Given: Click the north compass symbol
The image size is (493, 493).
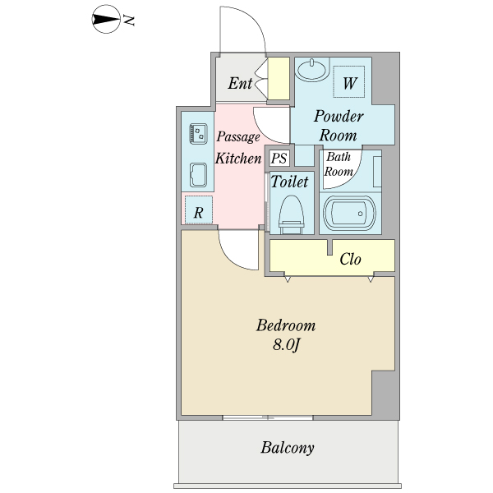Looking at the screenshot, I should click(104, 19).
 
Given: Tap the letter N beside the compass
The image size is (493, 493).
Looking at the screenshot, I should click(129, 20).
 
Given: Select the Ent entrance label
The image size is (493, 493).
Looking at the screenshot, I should click(240, 83).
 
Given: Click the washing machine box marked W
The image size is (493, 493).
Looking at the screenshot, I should click(350, 82).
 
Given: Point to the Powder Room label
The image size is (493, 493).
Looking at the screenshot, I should click(338, 125).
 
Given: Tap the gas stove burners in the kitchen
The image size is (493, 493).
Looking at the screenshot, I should click(198, 131).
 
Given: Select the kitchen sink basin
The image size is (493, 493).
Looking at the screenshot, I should click(198, 174).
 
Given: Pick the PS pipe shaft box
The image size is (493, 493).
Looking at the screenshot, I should click(279, 158).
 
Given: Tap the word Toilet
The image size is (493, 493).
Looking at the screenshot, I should click(289, 182).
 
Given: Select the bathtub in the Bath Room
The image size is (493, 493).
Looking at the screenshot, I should click(349, 214).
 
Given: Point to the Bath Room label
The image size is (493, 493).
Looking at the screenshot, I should click(339, 164).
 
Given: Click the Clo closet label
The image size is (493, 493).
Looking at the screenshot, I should click(351, 260).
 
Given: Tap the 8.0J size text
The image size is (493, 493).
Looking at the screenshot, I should click(285, 344).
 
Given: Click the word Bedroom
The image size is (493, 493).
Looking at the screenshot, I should click(285, 325).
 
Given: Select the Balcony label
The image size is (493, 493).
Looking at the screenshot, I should click(287, 448).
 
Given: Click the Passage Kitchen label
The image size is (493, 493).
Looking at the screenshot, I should click(237, 148).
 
